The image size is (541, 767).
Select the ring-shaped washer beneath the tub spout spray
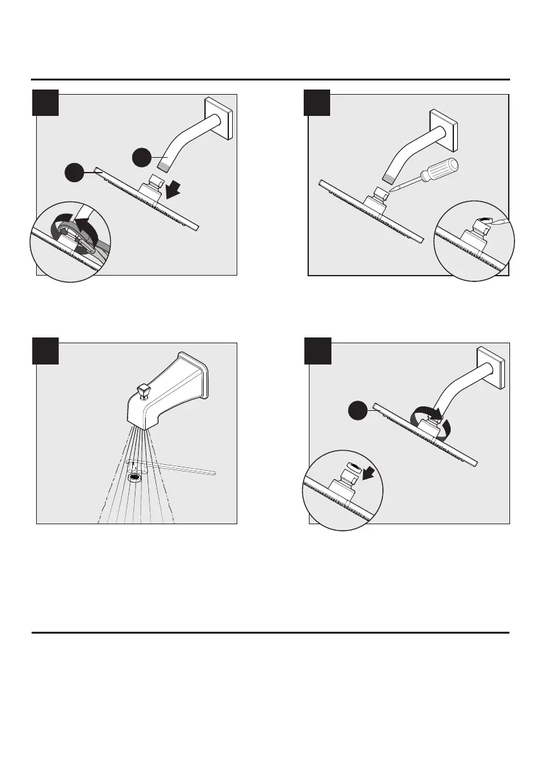coord(135,478)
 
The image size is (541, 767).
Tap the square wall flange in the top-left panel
coord(218,118)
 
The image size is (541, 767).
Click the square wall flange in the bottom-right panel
coord(489,368)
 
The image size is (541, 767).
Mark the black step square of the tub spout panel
coord(46,352)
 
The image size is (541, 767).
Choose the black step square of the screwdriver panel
coord(317,103)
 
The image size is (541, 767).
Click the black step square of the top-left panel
coord(46,103)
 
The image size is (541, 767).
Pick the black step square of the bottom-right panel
coord(317,352)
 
